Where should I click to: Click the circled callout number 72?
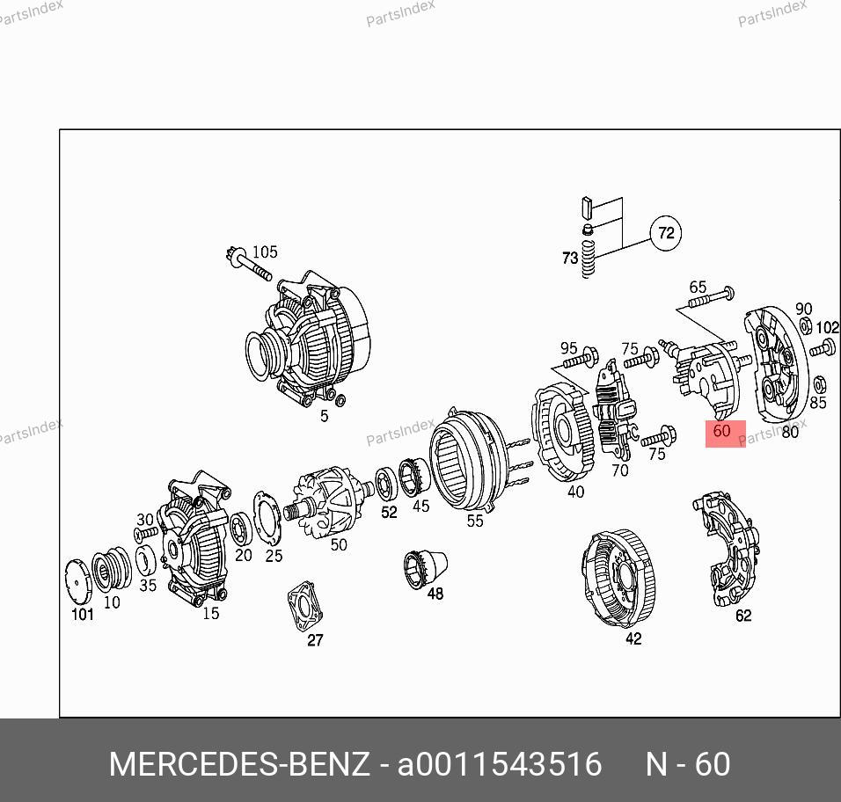[x=666, y=233]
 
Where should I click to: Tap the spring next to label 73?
[x=589, y=259]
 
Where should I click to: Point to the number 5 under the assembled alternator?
[x=324, y=415]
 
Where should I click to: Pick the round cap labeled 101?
[x=78, y=581]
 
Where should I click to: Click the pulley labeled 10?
[x=111, y=570]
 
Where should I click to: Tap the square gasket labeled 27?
[x=305, y=606]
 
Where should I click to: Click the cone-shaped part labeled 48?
[x=425, y=568]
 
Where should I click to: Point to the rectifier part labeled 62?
[x=727, y=549]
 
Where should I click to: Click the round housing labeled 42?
[x=618, y=578]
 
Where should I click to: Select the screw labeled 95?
[x=581, y=358]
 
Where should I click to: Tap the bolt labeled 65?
[x=712, y=297]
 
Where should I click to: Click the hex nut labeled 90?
[x=806, y=325]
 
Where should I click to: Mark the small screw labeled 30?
[x=146, y=533]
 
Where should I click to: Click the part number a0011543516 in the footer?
[x=500, y=763]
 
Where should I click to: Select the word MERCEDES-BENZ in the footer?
[x=239, y=763]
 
